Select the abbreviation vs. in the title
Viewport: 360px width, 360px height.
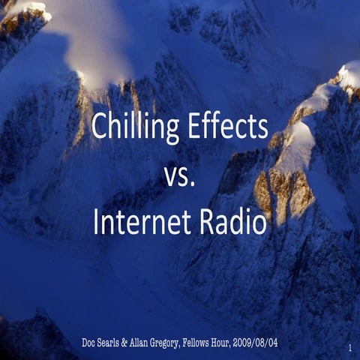(x=179, y=176)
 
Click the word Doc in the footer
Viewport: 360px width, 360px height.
(x=91, y=342)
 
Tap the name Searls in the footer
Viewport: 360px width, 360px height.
(x=117, y=342)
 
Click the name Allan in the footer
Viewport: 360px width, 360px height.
(x=154, y=342)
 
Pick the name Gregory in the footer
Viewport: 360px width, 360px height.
(x=188, y=343)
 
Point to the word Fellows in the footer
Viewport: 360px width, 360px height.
(x=227, y=342)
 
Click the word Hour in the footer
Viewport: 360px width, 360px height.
(x=259, y=342)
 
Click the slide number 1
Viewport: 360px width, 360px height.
(x=351, y=348)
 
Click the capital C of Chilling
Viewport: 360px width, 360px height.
(x=98, y=128)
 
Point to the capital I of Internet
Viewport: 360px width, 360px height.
(x=97, y=223)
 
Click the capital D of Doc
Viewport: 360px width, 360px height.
(x=85, y=342)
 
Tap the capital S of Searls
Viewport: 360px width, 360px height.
(x=106, y=342)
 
